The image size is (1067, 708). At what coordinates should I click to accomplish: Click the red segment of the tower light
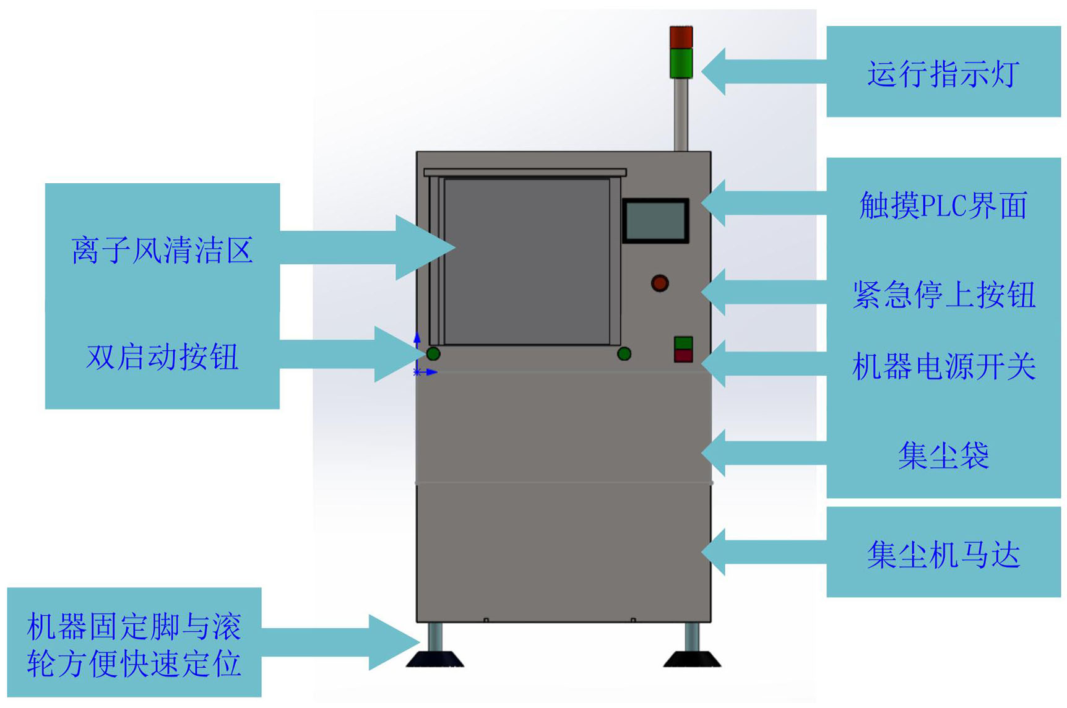click(681, 37)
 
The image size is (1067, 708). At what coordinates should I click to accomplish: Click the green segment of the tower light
click(681, 63)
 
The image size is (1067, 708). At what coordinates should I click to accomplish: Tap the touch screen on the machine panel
click(655, 220)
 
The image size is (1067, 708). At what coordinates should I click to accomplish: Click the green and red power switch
click(683, 350)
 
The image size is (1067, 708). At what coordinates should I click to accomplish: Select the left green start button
click(433, 354)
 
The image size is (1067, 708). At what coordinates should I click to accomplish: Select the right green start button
click(624, 354)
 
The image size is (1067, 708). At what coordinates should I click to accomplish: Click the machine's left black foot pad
click(435, 659)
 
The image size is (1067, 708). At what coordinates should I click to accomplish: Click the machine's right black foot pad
click(692, 659)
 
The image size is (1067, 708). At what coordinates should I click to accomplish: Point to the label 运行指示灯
click(943, 74)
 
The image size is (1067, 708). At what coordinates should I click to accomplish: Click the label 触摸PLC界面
click(943, 206)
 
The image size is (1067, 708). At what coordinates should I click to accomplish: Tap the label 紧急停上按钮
click(943, 295)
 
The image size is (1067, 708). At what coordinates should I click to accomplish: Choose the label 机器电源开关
click(943, 367)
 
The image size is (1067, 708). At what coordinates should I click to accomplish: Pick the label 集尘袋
click(943, 456)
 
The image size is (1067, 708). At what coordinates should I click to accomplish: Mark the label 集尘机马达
click(943, 554)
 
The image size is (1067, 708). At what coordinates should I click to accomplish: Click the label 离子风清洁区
click(162, 251)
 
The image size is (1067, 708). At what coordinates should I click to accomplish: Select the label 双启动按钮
click(162, 357)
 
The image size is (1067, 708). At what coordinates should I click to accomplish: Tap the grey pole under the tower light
click(681, 114)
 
